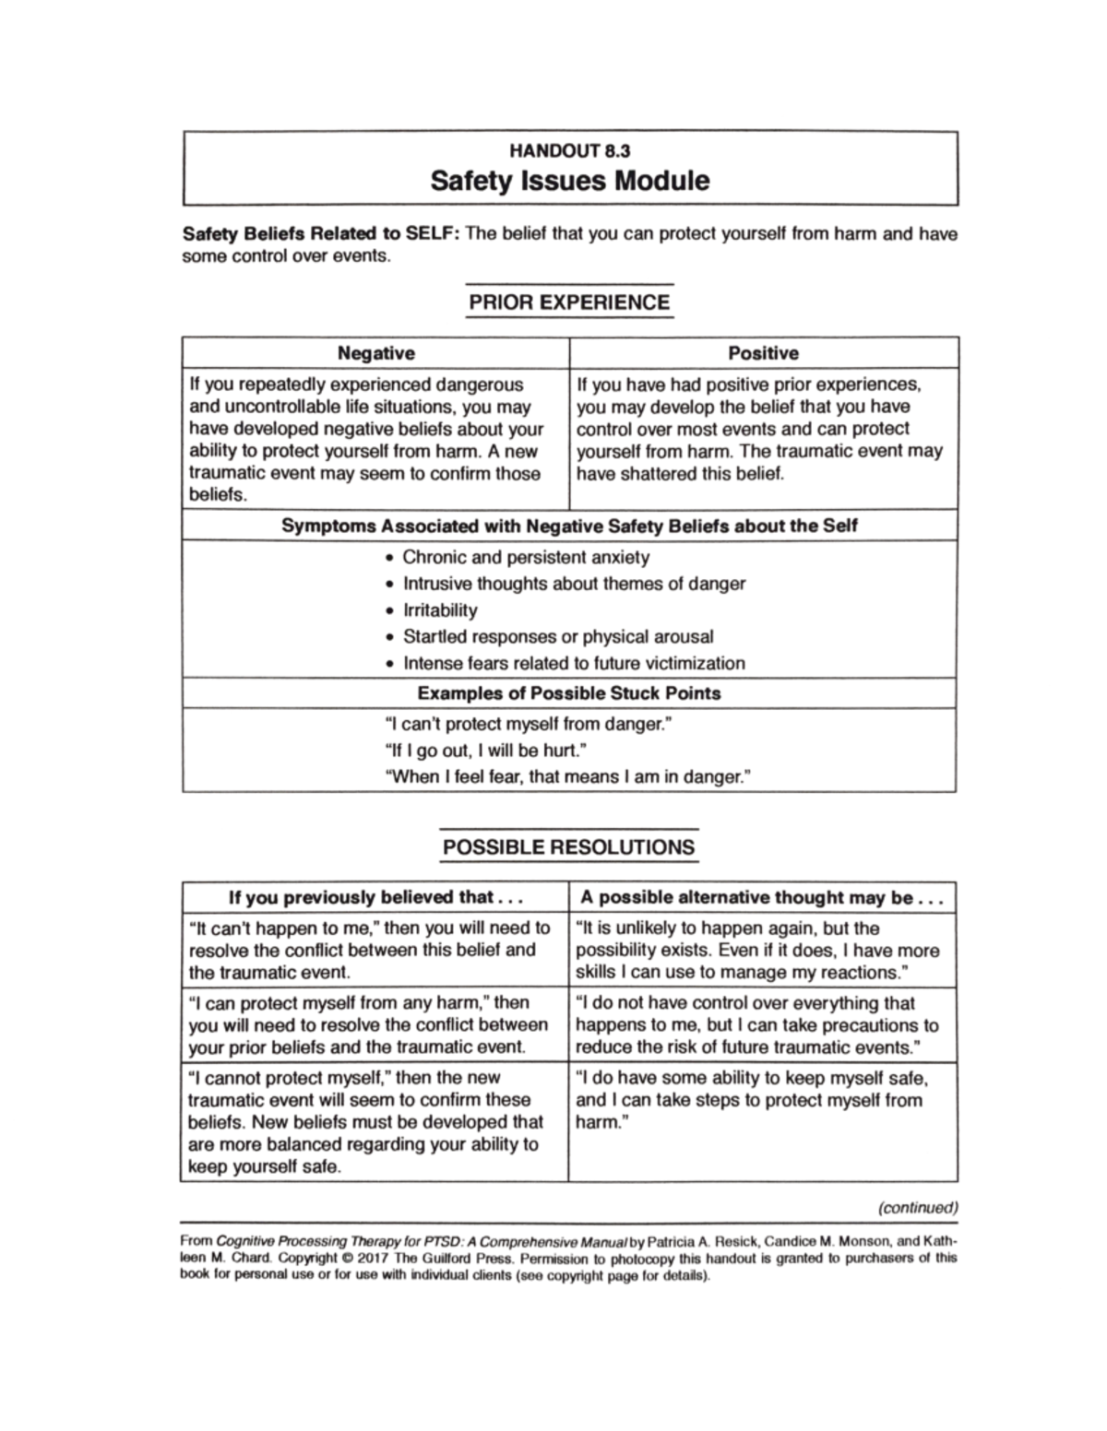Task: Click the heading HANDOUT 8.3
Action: coord(570,150)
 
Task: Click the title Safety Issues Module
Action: coord(570,180)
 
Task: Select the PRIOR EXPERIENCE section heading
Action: coord(569,302)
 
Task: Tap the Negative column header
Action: coord(375,353)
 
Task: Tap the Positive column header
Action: coord(763,353)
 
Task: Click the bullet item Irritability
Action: coord(440,610)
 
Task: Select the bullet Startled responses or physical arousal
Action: coord(557,637)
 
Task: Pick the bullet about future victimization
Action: coord(573,664)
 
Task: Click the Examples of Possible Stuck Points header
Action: coord(569,693)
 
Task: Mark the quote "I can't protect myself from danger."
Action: coord(527,725)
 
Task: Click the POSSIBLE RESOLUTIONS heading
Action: coord(569,847)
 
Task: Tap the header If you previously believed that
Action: coord(375,898)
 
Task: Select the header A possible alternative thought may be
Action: coord(762,898)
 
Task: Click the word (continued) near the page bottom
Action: coord(918,1207)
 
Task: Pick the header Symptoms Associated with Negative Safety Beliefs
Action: coord(569,526)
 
